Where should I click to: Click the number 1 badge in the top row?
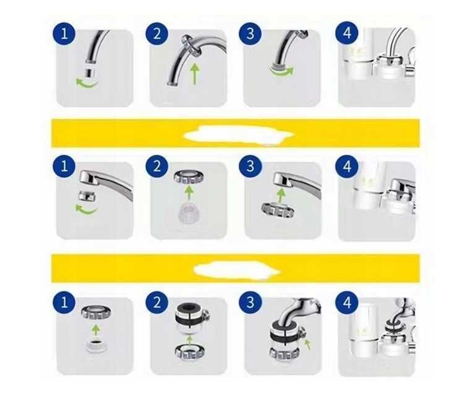point(64,33)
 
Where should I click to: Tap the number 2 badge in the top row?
point(157,33)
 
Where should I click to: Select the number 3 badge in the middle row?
point(250,167)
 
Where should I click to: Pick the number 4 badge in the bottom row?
point(347,302)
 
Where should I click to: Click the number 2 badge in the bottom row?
point(157,302)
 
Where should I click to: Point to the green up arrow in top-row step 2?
point(195,74)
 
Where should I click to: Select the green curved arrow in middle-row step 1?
point(86,210)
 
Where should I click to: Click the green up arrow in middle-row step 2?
point(189,192)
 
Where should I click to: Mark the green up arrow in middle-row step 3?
point(280,195)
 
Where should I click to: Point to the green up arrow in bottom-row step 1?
point(96,330)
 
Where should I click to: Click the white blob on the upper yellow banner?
point(239,134)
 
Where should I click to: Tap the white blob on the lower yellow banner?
point(236,270)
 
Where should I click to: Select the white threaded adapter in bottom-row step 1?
point(96,345)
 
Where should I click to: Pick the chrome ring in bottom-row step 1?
point(96,312)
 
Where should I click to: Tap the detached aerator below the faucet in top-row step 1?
point(90,73)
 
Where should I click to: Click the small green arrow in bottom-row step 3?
point(307,344)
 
